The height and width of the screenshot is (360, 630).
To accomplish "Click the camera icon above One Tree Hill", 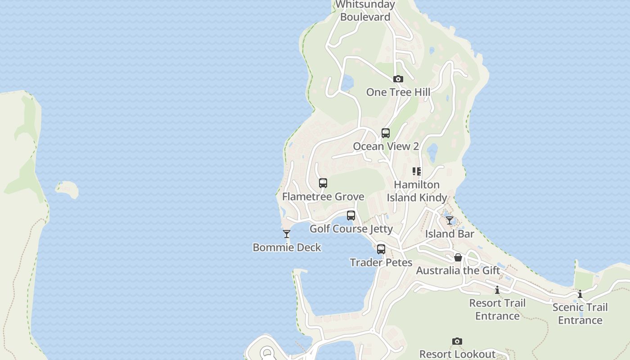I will (x=398, y=79).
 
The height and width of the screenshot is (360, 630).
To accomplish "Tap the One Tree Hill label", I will (x=398, y=92).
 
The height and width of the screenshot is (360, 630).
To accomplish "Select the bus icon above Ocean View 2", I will (x=386, y=133).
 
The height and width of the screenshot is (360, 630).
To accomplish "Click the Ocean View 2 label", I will (x=386, y=146).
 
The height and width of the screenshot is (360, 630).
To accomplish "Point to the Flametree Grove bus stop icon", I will (x=323, y=183).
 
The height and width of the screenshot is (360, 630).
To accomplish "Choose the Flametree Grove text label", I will (x=323, y=197).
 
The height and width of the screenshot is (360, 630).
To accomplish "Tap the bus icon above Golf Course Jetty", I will (x=351, y=216).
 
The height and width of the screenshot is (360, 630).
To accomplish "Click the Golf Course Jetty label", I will (x=351, y=229).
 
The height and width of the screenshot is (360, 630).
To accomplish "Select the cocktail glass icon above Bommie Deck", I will (x=287, y=234).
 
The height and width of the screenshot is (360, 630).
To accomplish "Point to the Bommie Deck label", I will (x=287, y=247).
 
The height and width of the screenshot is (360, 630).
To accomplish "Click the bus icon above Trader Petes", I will (x=381, y=249).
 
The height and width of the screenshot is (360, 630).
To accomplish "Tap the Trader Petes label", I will (x=381, y=262).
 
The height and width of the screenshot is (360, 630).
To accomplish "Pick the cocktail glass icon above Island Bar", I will (x=450, y=220).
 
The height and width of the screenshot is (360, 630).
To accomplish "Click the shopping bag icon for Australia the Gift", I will (x=458, y=257).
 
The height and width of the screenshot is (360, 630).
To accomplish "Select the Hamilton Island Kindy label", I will (x=417, y=191).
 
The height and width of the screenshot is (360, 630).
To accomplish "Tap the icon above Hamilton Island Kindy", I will (x=417, y=171).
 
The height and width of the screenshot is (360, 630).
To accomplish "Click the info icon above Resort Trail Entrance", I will (x=497, y=290).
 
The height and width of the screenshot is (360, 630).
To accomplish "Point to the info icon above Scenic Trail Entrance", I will (x=580, y=294).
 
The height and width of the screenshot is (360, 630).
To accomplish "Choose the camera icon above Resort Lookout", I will (x=457, y=341).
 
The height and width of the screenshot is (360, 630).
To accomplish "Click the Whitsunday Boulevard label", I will (x=365, y=11).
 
